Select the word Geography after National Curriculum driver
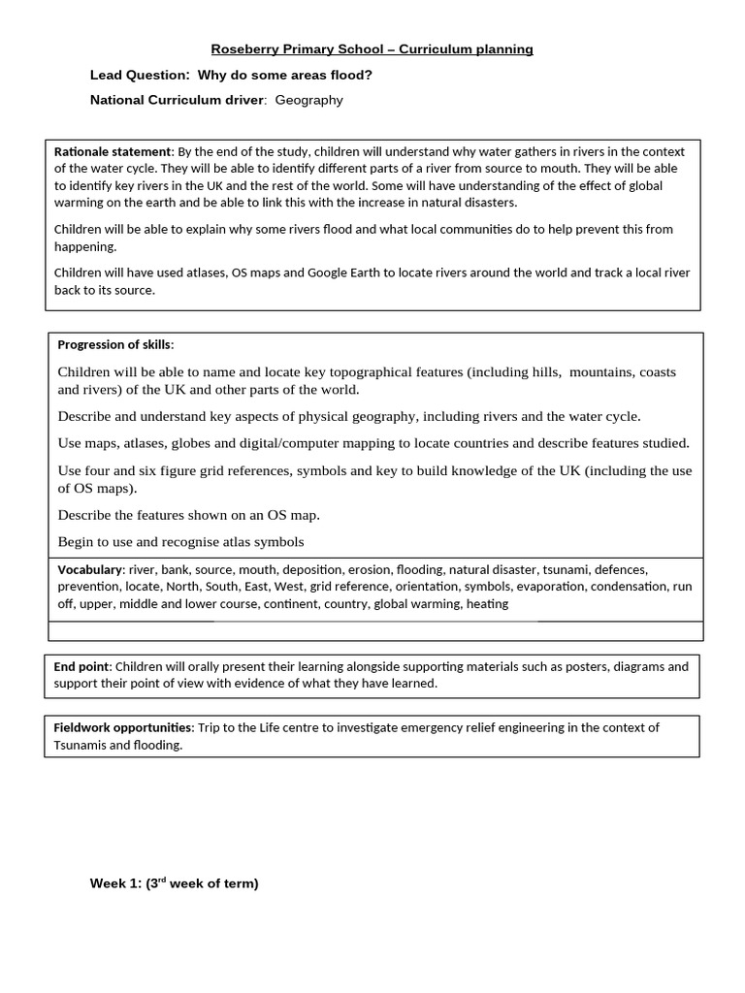[x=308, y=100]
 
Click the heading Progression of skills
[x=114, y=344]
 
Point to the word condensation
[x=630, y=586]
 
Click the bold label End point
[x=81, y=666]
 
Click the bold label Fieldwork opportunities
[x=123, y=727]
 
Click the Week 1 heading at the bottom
[x=174, y=883]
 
